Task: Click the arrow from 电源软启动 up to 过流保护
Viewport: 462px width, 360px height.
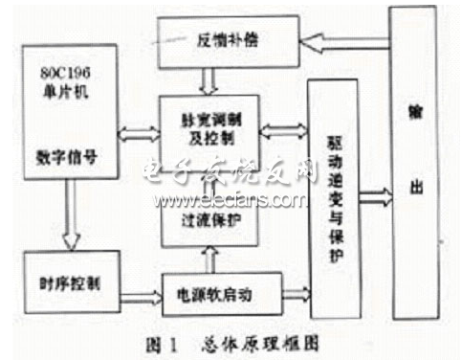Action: (209, 256)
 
